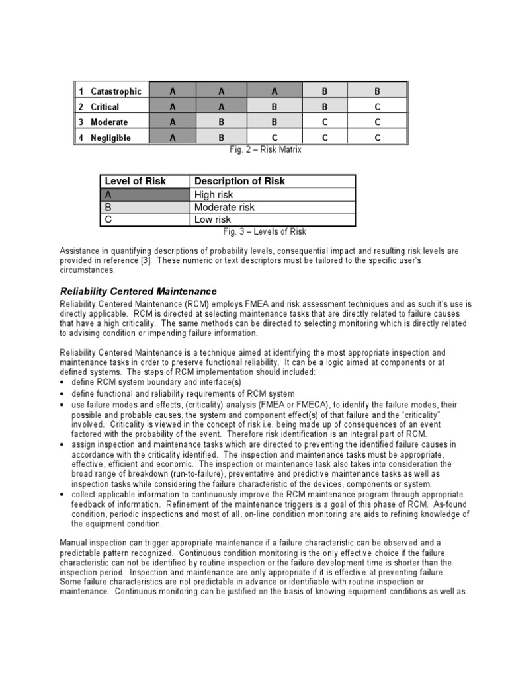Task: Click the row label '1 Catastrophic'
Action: pos(110,91)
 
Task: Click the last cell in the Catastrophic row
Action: pos(377,91)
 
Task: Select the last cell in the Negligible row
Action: pos(377,138)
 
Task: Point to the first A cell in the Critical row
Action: pos(173,106)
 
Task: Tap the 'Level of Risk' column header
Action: pos(136,181)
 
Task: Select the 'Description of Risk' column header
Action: pos(239,181)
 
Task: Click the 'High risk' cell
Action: pos(214,195)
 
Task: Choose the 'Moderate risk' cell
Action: pos(224,207)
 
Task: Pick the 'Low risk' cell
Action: pos(212,219)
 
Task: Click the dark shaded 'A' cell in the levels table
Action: pos(146,195)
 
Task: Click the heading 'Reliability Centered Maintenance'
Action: pos(138,291)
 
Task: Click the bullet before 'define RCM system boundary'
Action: pos(62,383)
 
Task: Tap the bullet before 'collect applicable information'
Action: pos(62,495)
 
